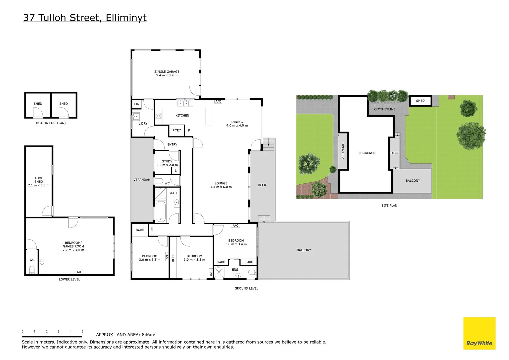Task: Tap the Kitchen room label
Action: tap(182, 115)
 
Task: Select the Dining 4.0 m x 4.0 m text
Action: tap(237, 124)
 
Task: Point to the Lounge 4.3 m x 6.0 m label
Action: tap(221, 185)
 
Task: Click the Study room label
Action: tap(167, 163)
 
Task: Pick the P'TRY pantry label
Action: tap(177, 130)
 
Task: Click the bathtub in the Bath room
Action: tap(161, 211)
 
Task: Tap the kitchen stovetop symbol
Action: tap(159, 116)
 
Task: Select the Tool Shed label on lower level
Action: tap(39, 182)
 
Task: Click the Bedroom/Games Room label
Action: tap(73, 246)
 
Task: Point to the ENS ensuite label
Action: tap(235, 270)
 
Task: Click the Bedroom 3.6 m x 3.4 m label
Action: tap(236, 242)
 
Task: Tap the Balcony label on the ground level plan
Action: tap(304, 250)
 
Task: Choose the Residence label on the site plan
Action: tap(366, 153)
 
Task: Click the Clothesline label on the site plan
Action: tap(385, 109)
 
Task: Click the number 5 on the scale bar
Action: tap(83, 332)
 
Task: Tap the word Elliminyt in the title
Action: tap(126, 18)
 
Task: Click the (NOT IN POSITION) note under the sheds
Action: tap(51, 123)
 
